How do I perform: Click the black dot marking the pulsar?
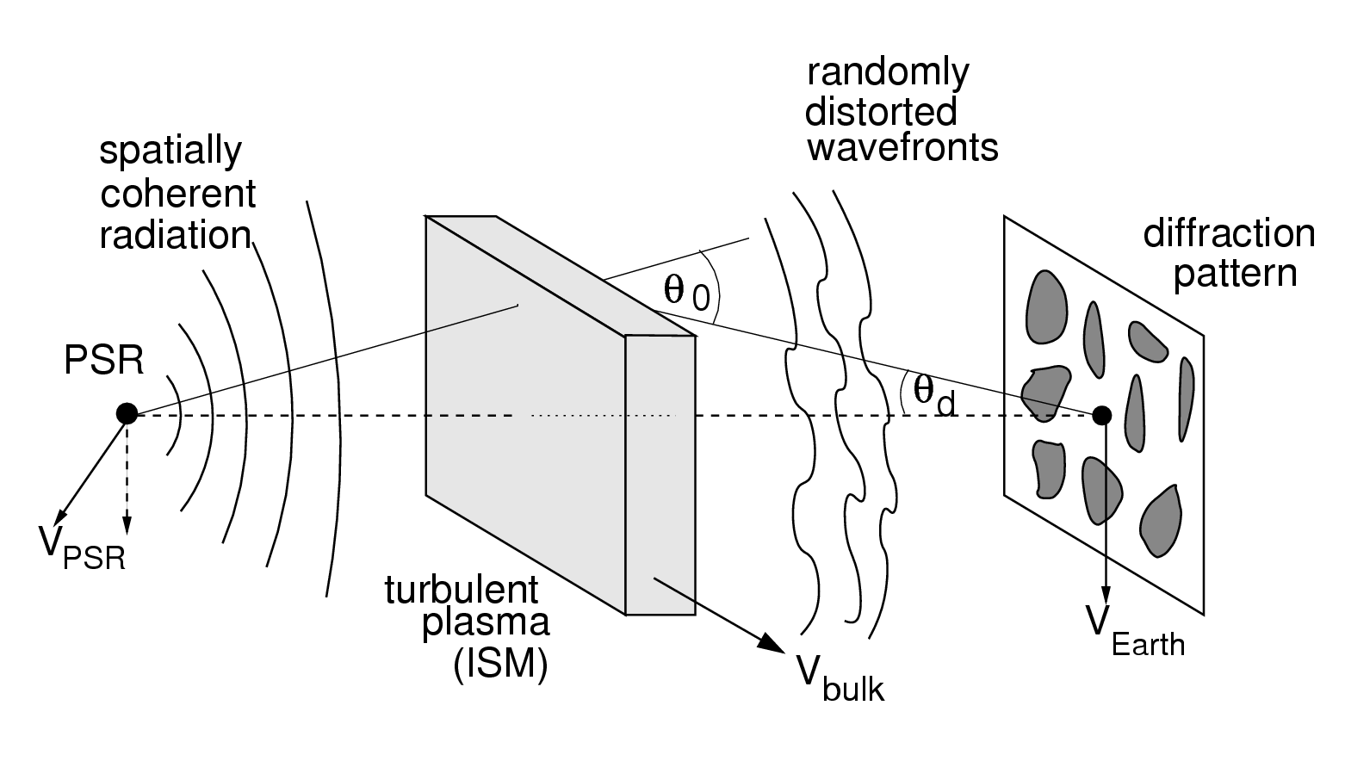(127, 414)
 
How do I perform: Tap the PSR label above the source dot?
(103, 361)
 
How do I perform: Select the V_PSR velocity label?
(82, 546)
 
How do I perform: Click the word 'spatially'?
(170, 152)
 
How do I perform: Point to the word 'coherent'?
(177, 194)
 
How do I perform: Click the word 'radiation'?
(175, 235)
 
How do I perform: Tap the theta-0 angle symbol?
(685, 291)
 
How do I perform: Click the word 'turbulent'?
(461, 590)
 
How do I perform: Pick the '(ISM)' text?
(500, 665)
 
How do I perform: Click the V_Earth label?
(1134, 633)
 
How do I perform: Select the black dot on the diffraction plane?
(1101, 416)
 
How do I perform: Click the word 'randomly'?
(888, 71)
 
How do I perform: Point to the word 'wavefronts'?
(902, 147)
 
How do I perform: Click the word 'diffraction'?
(1229, 233)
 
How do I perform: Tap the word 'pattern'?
(1235, 274)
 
